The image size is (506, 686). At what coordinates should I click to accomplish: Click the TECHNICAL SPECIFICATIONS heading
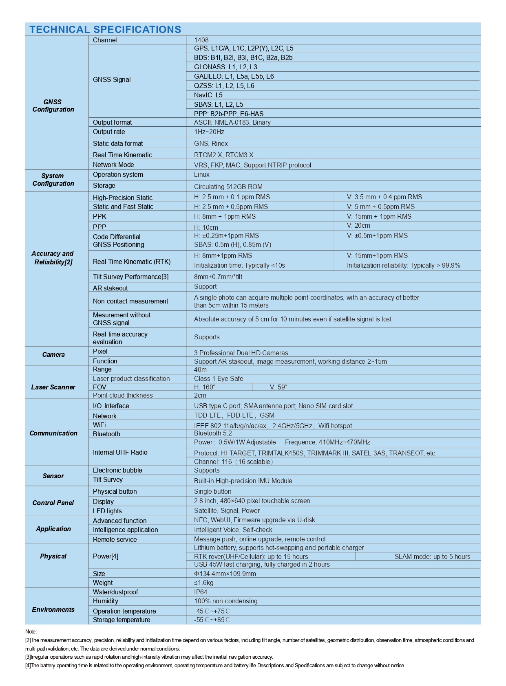click(105, 29)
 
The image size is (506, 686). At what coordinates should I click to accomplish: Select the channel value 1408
click(201, 40)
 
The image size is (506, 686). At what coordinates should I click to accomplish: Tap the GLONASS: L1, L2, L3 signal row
click(225, 67)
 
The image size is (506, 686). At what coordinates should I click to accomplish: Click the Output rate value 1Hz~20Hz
click(209, 132)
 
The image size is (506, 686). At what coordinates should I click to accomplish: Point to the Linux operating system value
click(201, 174)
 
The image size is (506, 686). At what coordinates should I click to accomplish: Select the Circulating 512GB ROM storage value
click(228, 187)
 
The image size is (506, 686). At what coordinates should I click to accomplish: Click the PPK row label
click(99, 216)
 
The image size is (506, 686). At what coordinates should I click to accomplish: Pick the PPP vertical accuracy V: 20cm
click(358, 225)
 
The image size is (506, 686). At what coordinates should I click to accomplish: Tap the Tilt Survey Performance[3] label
click(130, 277)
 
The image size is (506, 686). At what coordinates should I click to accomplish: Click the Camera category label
click(53, 354)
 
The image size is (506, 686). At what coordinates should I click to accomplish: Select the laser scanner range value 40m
click(200, 369)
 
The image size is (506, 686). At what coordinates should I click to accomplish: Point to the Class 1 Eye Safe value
click(218, 378)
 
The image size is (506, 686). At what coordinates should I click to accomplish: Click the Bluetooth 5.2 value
click(213, 433)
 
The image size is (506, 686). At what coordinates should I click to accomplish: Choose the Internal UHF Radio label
click(120, 452)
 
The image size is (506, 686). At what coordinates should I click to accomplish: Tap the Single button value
click(212, 491)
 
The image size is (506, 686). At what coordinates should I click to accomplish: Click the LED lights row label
click(107, 511)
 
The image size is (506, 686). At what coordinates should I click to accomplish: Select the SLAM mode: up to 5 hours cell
click(432, 556)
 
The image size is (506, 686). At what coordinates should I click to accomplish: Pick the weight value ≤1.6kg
click(203, 583)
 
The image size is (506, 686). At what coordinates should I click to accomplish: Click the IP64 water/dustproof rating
click(201, 592)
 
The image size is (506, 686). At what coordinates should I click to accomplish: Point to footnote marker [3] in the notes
click(28, 657)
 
